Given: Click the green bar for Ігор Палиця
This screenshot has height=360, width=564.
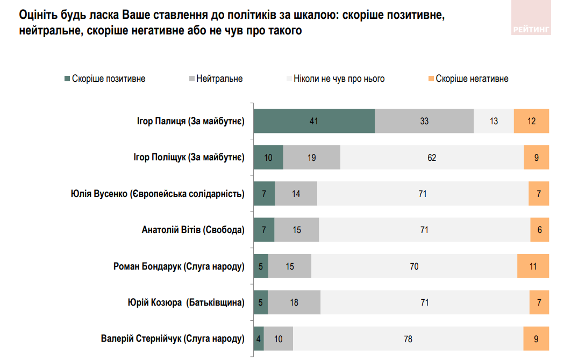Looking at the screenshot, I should pos(314,121).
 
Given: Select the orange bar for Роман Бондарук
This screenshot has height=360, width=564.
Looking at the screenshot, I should pos(533,266).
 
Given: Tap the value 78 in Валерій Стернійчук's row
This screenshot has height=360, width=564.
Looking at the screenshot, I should pos(408,339).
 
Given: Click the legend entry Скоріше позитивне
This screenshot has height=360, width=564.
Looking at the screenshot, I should pos(104,79).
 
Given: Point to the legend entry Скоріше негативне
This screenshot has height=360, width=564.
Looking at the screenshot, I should pos(467,79).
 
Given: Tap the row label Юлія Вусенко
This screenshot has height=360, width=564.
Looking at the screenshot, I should pos(158,194).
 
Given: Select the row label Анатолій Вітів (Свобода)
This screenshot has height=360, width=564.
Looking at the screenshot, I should pos(192,230).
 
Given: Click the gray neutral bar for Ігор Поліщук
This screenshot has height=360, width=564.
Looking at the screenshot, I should pos(312,158).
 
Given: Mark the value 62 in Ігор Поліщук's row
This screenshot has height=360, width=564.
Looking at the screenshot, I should pos(432,158).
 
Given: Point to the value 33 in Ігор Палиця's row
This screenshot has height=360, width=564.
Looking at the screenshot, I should pos(424,121).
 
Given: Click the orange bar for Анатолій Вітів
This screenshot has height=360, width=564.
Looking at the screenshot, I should pos(539,230).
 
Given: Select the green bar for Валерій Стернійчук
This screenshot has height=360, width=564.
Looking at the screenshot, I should pos(259,339).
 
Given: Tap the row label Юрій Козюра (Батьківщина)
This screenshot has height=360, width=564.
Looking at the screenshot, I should pos(183,302).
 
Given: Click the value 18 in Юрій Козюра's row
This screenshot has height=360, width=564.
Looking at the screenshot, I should pos(294,302).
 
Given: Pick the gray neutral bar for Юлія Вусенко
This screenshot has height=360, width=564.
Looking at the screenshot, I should pos(296,194).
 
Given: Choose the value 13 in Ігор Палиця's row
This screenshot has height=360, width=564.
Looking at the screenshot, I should pos(494,121).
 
